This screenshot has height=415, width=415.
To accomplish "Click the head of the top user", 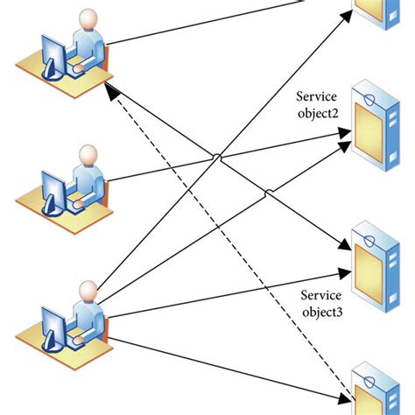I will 88,20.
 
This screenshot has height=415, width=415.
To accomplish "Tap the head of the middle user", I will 88,156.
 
